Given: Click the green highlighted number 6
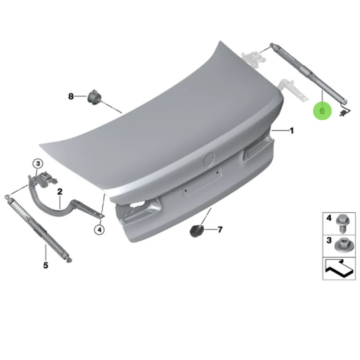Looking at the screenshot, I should click(322, 110).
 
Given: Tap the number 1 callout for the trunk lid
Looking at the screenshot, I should click(292, 131).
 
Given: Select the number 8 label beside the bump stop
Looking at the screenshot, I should click(71, 96).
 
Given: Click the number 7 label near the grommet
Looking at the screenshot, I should click(220, 230).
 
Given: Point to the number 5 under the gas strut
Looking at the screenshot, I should click(45, 265).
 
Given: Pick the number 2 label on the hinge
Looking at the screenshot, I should click(59, 192).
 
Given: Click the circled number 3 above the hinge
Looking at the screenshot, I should click(38, 163).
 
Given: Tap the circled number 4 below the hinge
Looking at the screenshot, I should click(99, 230).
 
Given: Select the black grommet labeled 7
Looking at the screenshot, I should click(196, 231).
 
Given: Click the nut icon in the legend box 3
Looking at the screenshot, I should click(342, 245).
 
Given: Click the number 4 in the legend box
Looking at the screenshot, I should click(328, 218).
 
